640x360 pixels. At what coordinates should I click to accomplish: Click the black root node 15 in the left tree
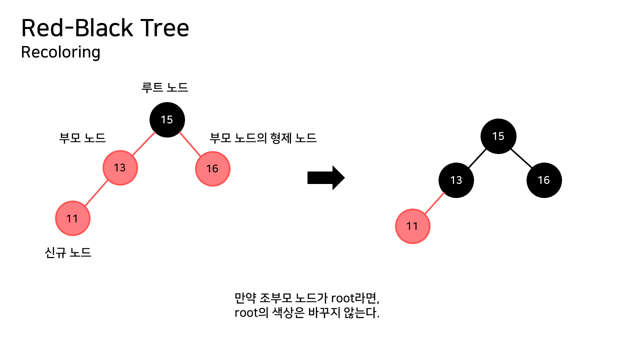tap(167, 119)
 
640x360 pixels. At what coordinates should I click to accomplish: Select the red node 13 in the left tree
tap(120, 167)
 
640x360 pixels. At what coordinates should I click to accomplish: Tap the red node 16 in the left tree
tap(212, 168)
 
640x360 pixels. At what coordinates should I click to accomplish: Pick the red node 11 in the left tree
tap(72, 218)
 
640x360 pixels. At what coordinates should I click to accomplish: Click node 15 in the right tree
tap(498, 136)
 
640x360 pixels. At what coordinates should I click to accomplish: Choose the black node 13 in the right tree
tap(456, 180)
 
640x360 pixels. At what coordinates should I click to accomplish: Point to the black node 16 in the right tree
tap(544, 180)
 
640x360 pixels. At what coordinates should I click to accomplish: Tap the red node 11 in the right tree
tap(412, 226)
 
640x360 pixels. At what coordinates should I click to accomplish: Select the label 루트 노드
tap(165, 88)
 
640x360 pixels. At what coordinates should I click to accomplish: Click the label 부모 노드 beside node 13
tap(82, 138)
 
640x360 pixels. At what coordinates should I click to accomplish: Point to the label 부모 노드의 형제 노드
tap(263, 138)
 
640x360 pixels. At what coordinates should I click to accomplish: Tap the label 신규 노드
tap(68, 252)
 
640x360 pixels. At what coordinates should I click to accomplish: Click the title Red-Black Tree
tap(105, 28)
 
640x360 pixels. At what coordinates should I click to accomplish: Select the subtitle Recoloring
tap(60, 52)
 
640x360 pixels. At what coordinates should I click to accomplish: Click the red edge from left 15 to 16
tap(190, 144)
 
